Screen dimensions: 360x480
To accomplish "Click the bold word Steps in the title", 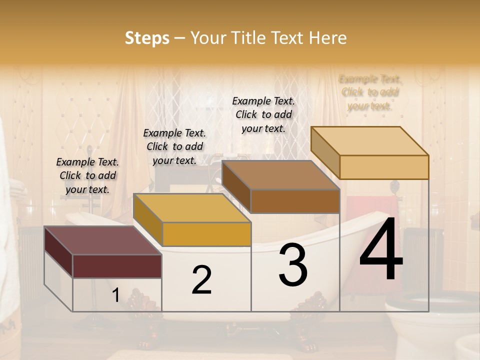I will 147,38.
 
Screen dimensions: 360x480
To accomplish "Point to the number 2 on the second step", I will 201,280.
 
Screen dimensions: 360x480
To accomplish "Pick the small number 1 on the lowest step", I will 115,295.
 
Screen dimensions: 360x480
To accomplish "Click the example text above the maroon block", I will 87,175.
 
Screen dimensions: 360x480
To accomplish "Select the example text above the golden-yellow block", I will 174,146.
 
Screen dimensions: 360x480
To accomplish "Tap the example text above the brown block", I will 263,114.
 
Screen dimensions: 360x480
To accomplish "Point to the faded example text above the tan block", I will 370,92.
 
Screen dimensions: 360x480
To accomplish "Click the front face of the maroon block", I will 117,266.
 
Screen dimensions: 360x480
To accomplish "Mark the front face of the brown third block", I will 295,201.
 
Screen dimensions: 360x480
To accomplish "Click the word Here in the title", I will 328,38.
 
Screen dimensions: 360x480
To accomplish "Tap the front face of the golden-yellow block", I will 206,234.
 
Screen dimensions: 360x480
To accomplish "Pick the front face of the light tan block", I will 384,167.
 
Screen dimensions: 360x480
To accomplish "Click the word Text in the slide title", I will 289,38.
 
